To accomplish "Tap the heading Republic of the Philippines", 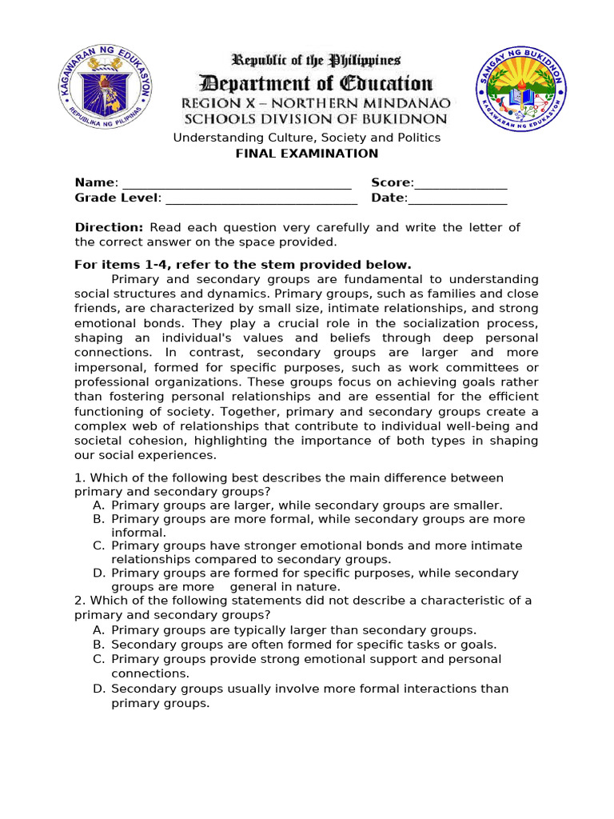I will click(316, 60).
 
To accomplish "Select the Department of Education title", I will click(316, 82).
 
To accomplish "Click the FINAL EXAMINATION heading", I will click(307, 153).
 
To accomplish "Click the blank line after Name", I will click(236, 183).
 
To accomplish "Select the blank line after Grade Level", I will click(260, 198).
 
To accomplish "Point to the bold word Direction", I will click(109, 227).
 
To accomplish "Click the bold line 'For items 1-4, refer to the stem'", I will click(243, 264).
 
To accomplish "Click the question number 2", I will click(78, 600).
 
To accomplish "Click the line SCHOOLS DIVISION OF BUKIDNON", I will click(316, 119).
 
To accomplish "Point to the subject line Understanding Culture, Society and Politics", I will click(307, 138).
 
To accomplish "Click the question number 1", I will click(78, 477).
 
